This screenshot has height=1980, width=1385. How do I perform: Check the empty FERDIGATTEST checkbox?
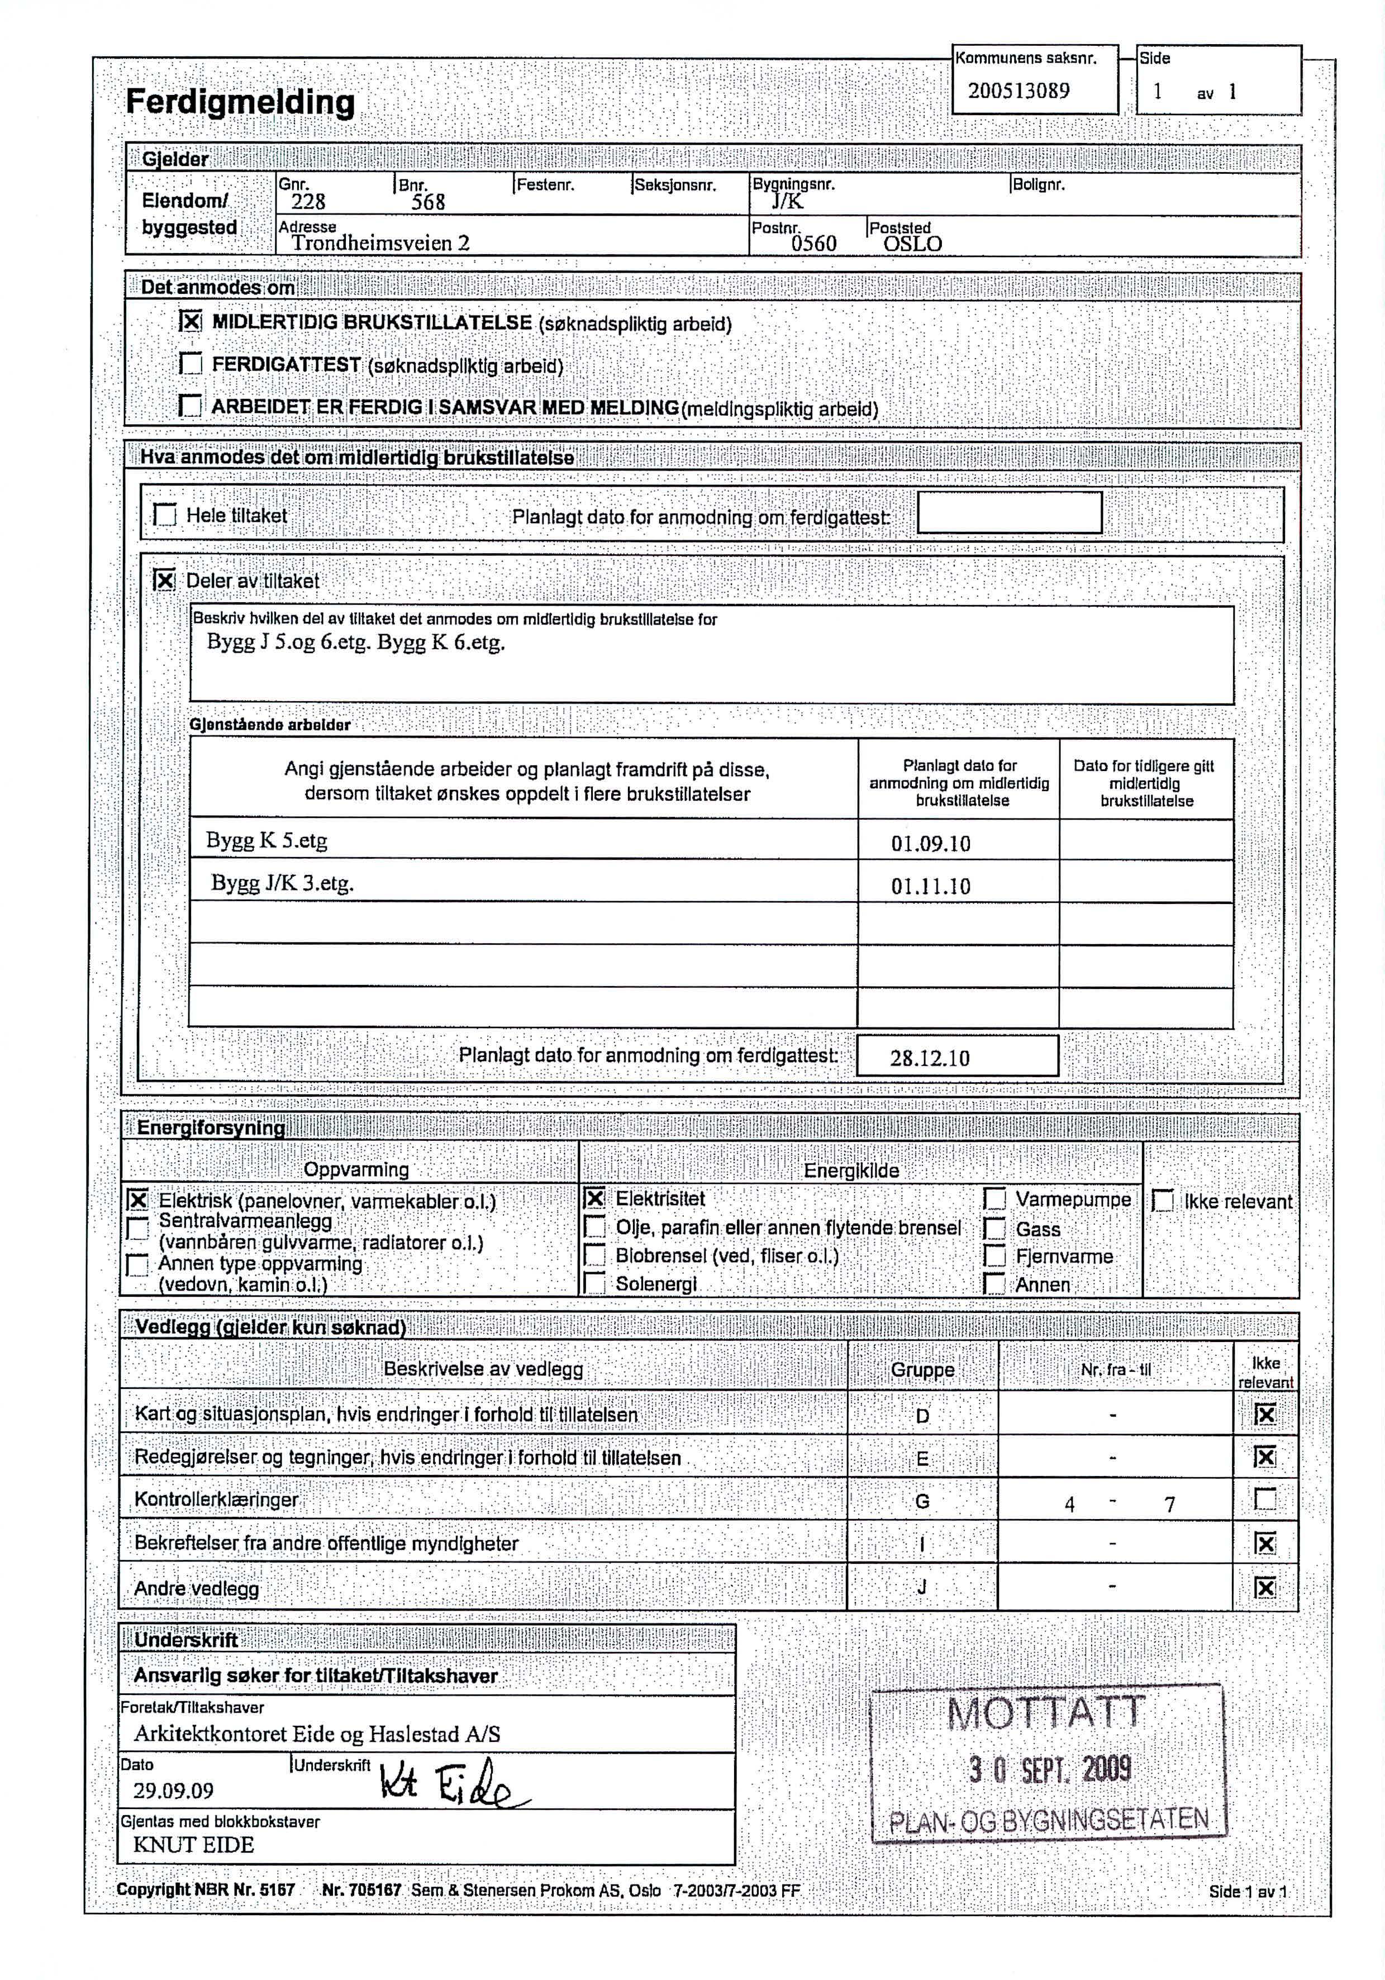click(x=191, y=364)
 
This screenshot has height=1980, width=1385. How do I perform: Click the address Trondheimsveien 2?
click(x=380, y=243)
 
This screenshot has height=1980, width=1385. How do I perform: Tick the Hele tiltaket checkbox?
click(x=165, y=515)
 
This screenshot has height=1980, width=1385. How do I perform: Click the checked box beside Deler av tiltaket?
click(x=165, y=580)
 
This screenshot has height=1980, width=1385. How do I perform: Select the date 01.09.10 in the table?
click(x=931, y=844)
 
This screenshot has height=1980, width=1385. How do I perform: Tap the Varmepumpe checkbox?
click(x=995, y=1200)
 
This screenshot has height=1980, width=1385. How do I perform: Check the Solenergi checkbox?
click(x=595, y=1284)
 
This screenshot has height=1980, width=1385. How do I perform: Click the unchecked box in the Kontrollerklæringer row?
click(x=1265, y=1500)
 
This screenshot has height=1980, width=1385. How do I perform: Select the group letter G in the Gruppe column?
click(x=922, y=1501)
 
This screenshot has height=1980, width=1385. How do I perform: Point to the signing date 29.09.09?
click(x=173, y=1791)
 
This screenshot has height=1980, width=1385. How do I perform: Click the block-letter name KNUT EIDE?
click(x=193, y=1845)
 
